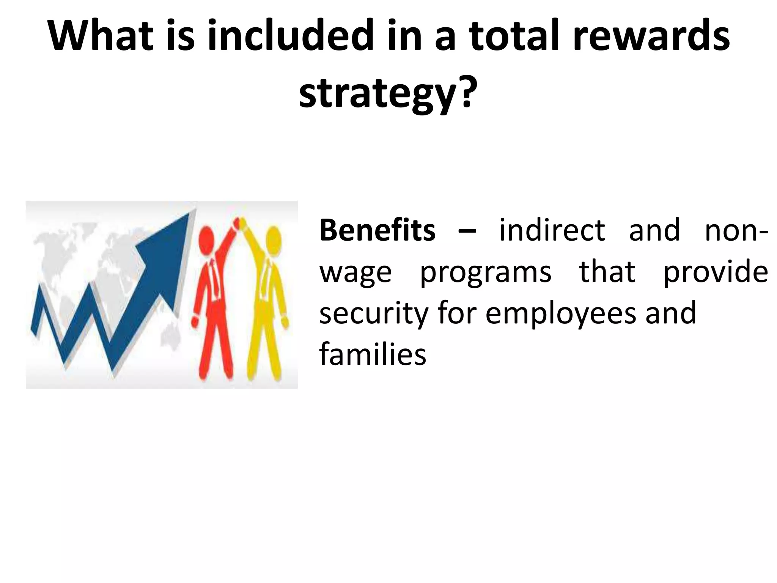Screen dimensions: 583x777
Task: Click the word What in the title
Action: point(101,36)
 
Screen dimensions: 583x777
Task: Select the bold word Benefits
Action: point(377,230)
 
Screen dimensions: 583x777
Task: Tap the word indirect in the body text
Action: point(552,230)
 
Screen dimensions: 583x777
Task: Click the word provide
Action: point(715,272)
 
